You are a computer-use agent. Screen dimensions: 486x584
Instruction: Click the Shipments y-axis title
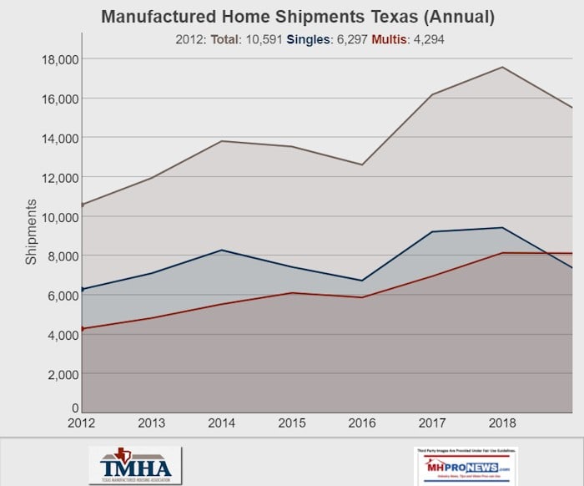[x=30, y=232]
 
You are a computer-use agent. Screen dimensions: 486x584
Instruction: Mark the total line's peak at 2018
[x=502, y=67]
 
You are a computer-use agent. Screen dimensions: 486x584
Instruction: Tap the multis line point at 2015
[x=291, y=293]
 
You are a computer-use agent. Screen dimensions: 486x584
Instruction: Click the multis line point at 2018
[x=502, y=253]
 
